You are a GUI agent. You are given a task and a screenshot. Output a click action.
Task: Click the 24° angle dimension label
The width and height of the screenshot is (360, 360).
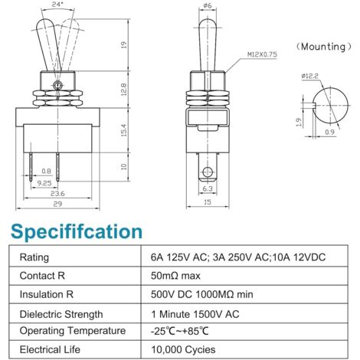(57, 5)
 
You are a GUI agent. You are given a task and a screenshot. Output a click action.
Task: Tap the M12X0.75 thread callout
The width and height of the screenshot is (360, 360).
(262, 54)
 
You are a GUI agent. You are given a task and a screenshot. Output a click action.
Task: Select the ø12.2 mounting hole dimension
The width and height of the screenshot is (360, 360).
(309, 76)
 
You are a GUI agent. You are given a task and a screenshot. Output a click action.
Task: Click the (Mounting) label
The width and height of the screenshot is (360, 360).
(323, 47)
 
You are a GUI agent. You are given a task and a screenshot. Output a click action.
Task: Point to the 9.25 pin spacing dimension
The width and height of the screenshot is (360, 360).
(44, 183)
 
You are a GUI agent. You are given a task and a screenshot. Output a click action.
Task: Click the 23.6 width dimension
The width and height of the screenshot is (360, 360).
(57, 194)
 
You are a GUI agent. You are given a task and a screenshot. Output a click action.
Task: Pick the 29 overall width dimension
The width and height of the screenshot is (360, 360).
(57, 204)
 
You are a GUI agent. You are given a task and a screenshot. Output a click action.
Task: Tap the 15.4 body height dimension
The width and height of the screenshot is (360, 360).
(124, 130)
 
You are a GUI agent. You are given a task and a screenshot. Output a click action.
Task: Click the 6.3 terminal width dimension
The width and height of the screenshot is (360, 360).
(208, 188)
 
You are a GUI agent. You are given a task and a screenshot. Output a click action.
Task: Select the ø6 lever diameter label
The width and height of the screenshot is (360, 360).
(208, 5)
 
